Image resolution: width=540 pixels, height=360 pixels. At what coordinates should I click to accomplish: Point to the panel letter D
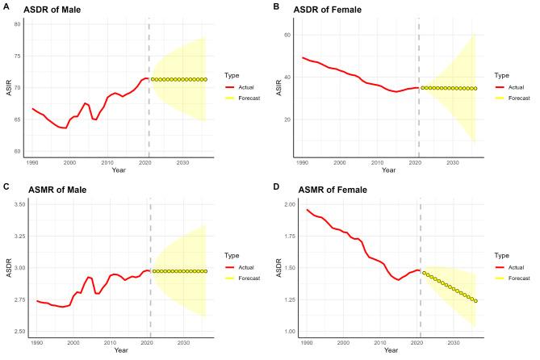[x=277, y=186]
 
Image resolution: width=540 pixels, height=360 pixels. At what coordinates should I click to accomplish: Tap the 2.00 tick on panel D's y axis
[x=287, y=204]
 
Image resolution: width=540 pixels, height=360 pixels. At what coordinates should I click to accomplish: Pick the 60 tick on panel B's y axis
[x=287, y=35]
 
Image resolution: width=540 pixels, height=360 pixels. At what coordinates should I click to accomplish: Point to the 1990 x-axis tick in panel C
[x=37, y=343]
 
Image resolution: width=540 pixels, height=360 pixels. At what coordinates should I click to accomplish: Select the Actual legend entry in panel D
[x=517, y=266]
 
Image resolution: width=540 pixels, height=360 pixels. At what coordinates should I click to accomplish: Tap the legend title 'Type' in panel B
[x=501, y=74]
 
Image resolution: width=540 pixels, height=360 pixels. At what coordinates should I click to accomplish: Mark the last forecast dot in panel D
[x=475, y=301]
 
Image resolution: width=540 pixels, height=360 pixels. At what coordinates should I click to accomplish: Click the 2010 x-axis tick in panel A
[x=107, y=162]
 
